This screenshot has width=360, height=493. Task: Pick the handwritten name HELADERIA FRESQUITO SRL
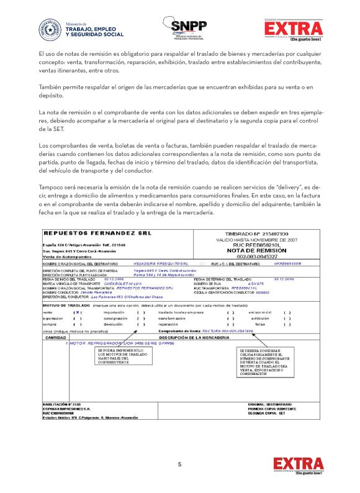[156, 263]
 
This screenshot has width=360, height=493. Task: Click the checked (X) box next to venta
[77, 295]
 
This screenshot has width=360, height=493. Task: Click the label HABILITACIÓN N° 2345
[63, 404]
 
